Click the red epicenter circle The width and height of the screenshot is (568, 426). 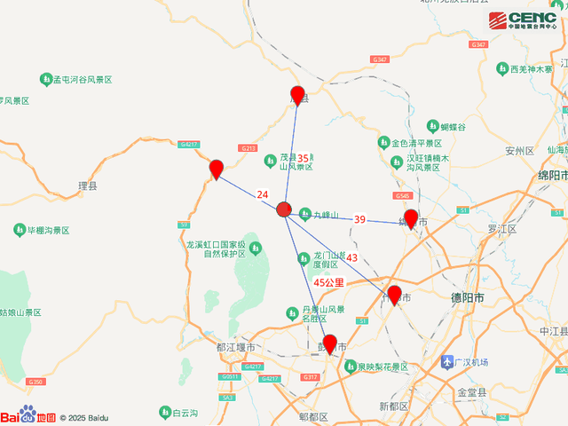tap(283, 209)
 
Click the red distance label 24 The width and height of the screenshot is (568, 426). tap(262, 195)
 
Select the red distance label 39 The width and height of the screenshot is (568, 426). tap(359, 219)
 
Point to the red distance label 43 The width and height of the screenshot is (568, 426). tap(351, 257)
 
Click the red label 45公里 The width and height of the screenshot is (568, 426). tap(328, 282)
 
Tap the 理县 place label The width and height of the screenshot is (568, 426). tap(87, 186)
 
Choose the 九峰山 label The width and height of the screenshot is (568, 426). tap(325, 214)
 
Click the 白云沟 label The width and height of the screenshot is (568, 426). tap(186, 413)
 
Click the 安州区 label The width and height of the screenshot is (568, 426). tap(517, 151)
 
